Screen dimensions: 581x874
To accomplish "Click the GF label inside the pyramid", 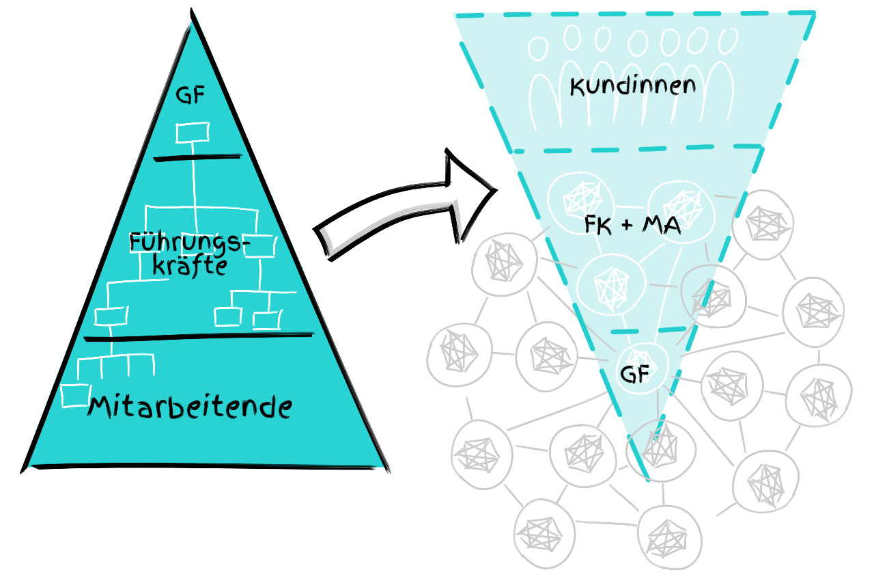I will (x=191, y=95).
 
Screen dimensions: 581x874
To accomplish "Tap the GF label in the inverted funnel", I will (x=635, y=375).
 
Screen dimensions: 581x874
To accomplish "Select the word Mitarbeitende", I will (x=190, y=407).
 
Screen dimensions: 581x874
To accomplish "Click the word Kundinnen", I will (x=632, y=86).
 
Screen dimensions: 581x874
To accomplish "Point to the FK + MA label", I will (x=632, y=225).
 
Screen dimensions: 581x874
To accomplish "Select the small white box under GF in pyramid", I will (x=193, y=132).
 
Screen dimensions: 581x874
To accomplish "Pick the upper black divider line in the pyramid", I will (x=197, y=159).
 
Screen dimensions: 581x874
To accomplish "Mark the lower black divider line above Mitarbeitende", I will (x=197, y=336).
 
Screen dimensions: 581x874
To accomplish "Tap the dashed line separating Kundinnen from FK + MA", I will (x=635, y=148).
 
